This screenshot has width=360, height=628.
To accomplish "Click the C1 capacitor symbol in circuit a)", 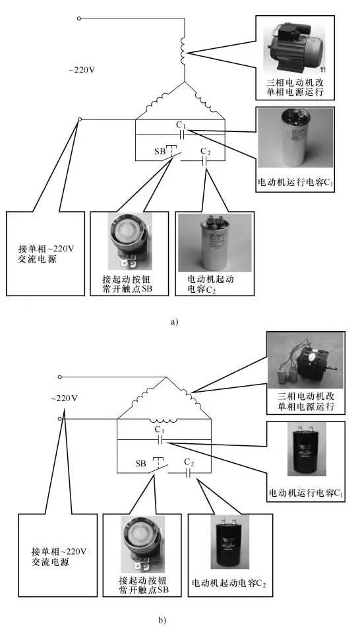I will (180, 134).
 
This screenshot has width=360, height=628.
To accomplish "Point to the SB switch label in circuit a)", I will (160, 151).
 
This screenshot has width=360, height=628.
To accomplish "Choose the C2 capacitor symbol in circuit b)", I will (189, 472).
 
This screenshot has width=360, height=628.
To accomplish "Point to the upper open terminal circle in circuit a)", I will (79, 19).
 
